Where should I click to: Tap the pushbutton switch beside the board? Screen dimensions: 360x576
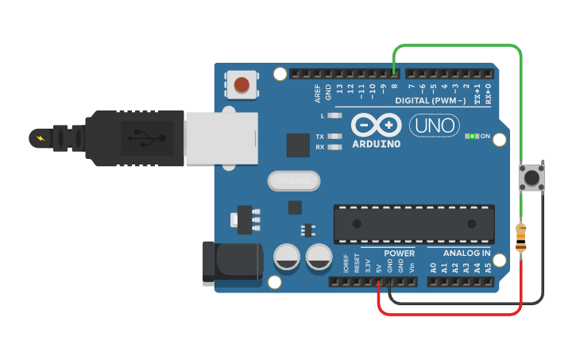(x=531, y=176)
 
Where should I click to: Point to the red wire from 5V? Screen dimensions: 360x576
(x=453, y=313)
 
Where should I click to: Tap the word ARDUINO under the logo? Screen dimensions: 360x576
(x=376, y=144)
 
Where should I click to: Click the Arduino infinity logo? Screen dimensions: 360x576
(x=376, y=126)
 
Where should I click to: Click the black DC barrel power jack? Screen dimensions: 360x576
(x=231, y=264)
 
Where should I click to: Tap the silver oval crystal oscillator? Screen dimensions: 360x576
(x=294, y=182)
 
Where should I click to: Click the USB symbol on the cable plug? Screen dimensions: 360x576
(x=142, y=137)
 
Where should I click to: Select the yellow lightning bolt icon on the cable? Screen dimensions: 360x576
(x=40, y=138)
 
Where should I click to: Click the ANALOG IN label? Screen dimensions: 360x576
(x=466, y=254)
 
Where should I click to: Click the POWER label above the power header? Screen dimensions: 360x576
(x=399, y=254)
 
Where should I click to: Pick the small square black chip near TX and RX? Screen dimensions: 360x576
(x=298, y=145)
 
